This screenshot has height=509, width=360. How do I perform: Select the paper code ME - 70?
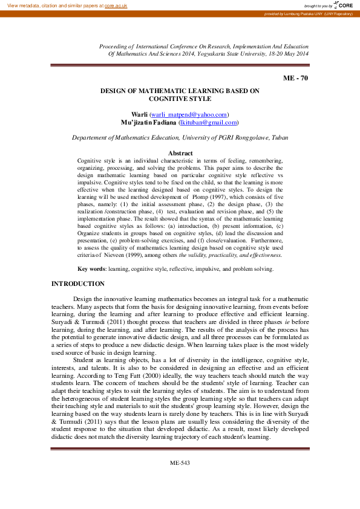pos(295,79)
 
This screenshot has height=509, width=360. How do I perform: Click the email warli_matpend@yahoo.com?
pos(189,114)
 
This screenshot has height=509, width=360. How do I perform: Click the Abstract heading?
pos(180,153)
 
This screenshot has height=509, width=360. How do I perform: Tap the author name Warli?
pos(140,114)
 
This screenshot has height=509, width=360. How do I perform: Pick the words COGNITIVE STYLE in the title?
pos(180,98)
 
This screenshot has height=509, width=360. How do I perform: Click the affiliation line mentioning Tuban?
pos(180,137)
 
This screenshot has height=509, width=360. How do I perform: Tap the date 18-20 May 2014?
pos(285,54)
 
